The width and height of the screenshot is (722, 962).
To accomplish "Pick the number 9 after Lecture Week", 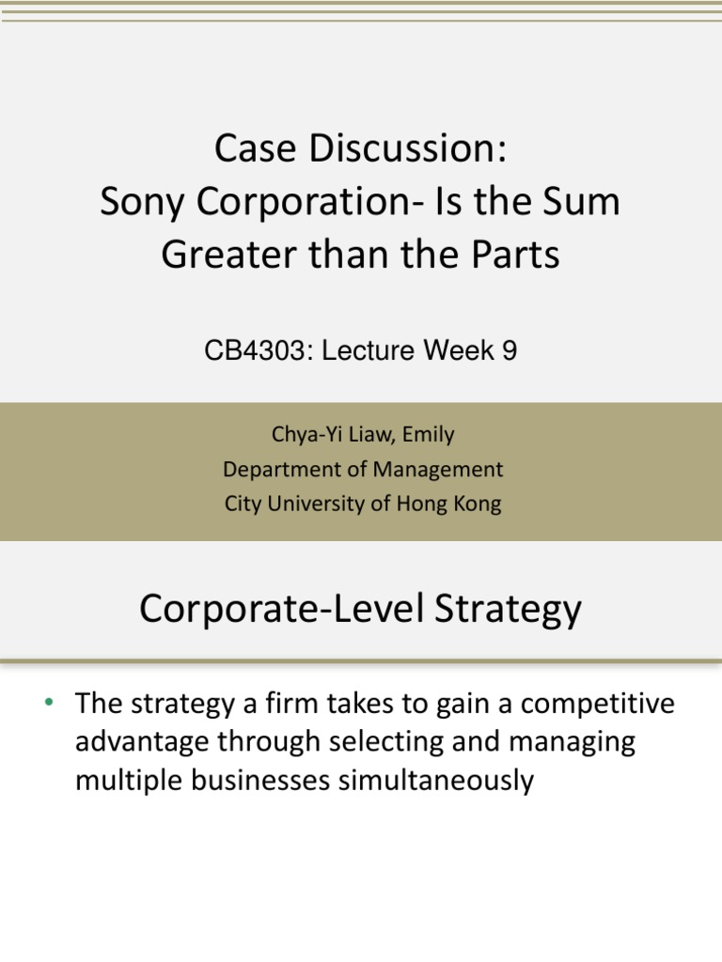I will [x=508, y=351].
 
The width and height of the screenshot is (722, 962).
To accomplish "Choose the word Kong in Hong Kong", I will [x=478, y=503].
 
